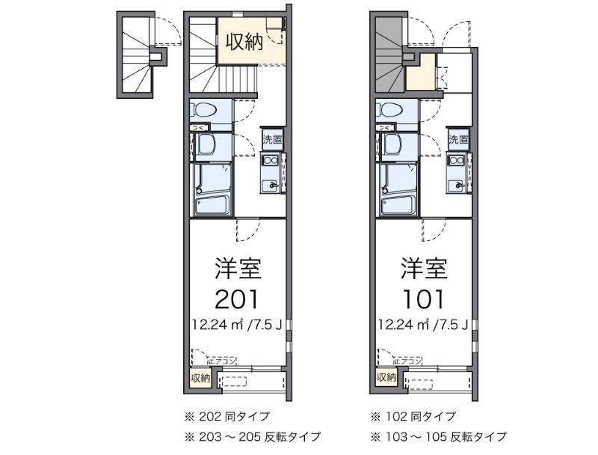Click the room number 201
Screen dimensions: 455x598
click(x=237, y=299)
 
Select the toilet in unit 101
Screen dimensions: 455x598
click(x=391, y=111)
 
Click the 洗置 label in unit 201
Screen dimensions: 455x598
click(x=272, y=140)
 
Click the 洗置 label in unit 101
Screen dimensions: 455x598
click(x=458, y=140)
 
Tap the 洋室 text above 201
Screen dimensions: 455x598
click(x=237, y=268)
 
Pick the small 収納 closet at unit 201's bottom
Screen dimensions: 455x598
click(x=200, y=377)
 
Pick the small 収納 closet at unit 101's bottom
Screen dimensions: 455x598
click(x=386, y=377)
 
